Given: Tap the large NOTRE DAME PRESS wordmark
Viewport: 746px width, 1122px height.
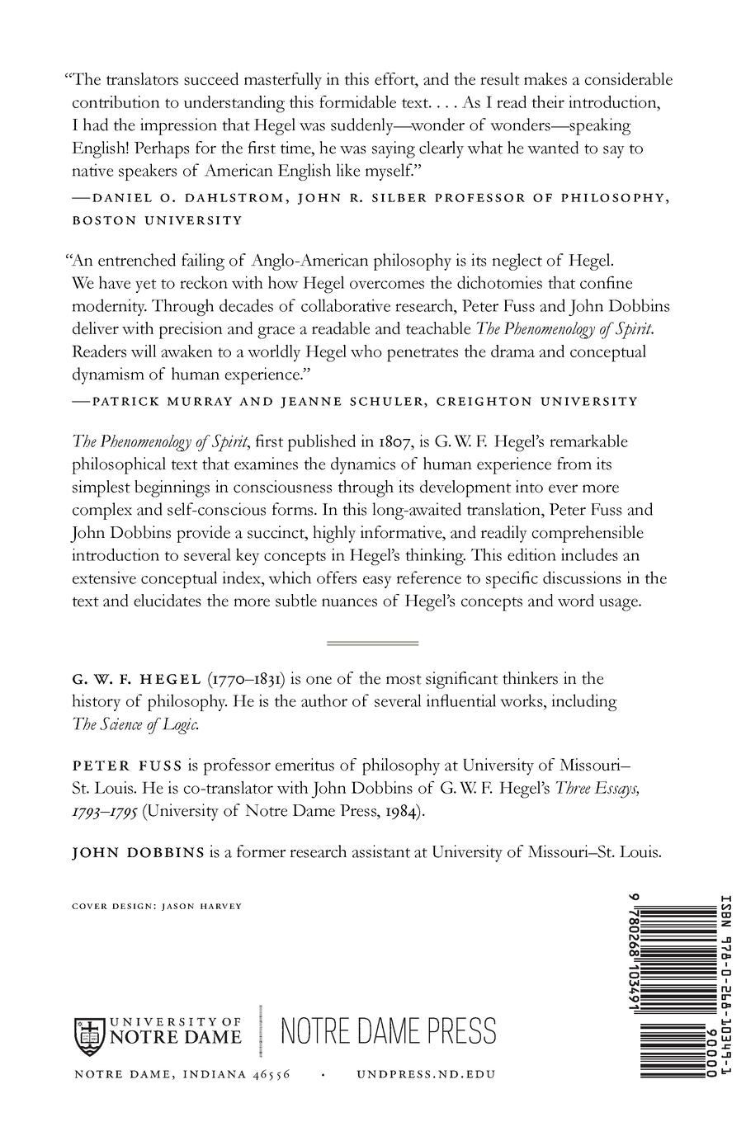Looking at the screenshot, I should [389, 1031].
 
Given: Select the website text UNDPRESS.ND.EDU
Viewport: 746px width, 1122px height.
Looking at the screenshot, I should [426, 1074].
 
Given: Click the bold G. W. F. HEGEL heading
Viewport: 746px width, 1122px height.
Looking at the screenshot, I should [136, 679].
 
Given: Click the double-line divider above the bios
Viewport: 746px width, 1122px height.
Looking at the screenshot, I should [373, 643].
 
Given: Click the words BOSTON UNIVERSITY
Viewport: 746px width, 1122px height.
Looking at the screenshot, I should [158, 220].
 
